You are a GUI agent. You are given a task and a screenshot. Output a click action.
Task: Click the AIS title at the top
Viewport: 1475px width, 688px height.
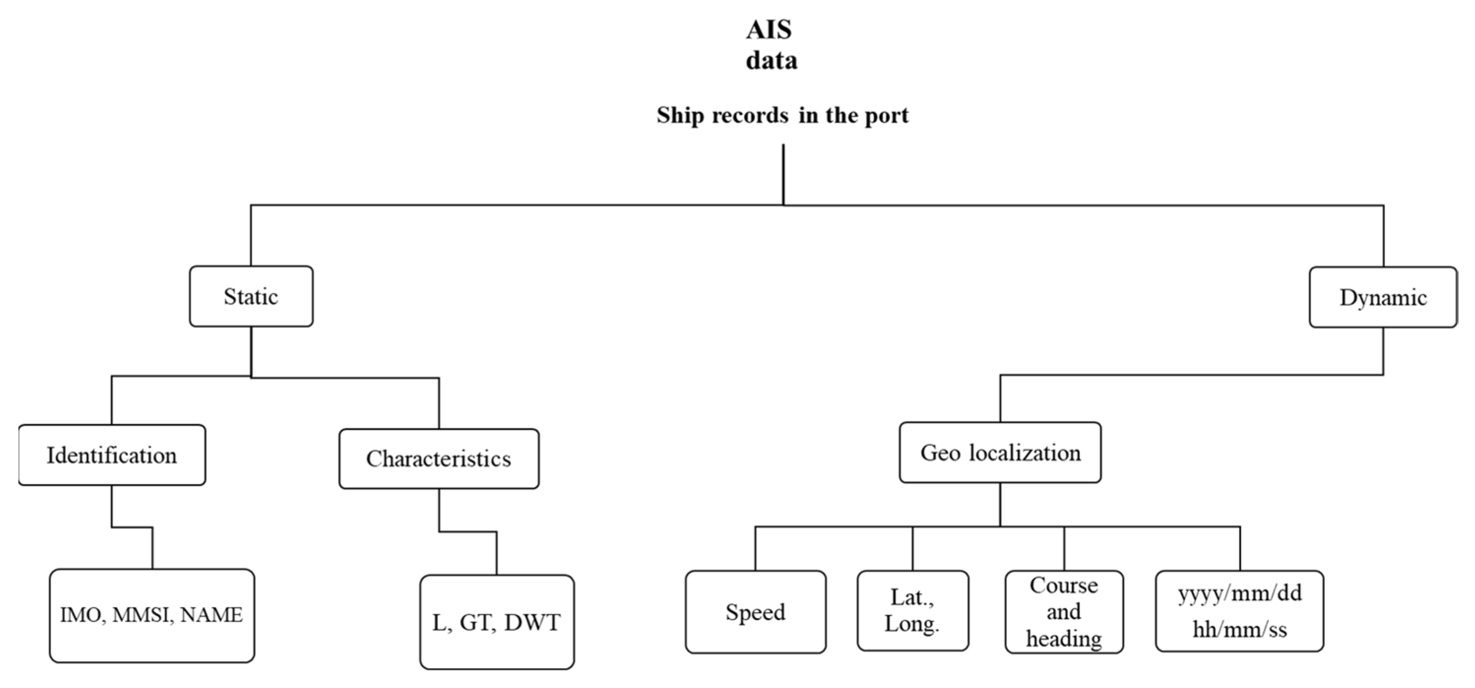768,30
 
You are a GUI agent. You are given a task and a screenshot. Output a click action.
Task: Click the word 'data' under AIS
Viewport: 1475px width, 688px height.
771,61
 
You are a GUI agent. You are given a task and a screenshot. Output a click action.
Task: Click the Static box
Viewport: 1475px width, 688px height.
251,296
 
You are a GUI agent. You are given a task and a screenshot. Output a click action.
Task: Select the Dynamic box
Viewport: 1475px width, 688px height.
1383,298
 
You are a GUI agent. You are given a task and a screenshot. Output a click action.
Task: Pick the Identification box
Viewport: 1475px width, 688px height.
112,456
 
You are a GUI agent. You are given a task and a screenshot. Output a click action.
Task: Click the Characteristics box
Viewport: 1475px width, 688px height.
439,459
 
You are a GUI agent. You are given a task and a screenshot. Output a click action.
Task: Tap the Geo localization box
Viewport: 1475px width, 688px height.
1000,453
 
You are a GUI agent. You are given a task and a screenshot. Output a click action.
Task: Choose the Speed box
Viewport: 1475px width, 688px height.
755,612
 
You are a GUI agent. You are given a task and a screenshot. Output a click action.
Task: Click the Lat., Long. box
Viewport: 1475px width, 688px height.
912,611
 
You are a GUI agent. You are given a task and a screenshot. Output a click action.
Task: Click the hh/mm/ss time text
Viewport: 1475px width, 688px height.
1240,629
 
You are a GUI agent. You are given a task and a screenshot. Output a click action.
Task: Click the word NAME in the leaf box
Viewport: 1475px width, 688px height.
211,615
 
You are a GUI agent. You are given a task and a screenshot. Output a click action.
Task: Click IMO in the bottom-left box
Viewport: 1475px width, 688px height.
81,615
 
